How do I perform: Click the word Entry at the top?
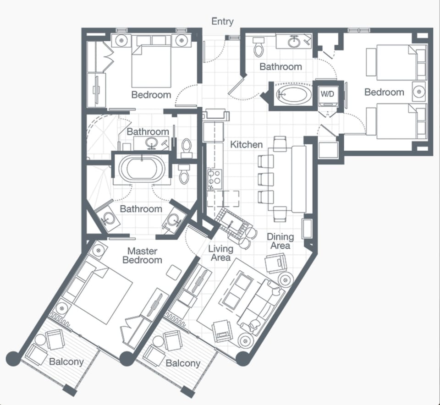pos(222,22)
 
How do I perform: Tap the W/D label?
pos(327,94)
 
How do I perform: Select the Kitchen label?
pos(246,144)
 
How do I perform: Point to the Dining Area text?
pos(280,241)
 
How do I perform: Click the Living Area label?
pos(220,253)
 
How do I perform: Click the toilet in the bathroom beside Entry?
pos(258,46)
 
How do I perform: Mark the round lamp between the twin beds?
pos(418,92)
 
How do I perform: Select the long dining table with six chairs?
pos(298,179)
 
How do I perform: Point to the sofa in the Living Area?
pos(262,305)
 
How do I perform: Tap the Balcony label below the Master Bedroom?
pos(66,362)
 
